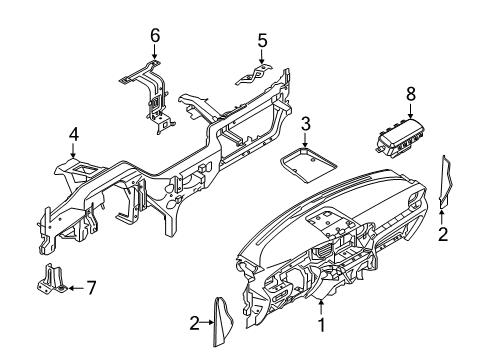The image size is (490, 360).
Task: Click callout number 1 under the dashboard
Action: pos(321,324)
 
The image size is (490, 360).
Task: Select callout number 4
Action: pos(73,133)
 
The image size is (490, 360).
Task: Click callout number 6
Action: pos(155,36)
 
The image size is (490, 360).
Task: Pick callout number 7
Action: pos(90,288)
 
